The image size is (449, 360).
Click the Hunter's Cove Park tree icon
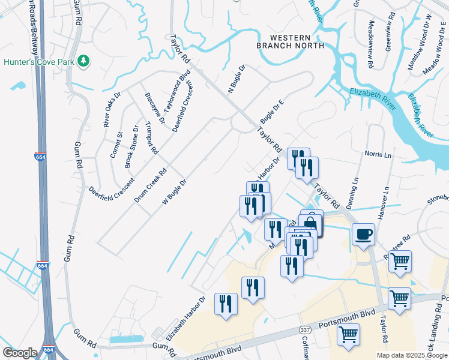(85, 61)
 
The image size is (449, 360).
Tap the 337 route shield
(306, 331)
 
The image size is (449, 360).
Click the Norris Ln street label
(378, 154)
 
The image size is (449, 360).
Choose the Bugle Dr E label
(271, 111)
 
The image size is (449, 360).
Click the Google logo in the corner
(20, 352)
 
